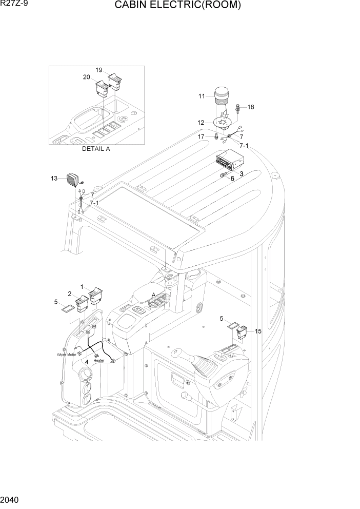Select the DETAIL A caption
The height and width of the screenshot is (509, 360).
coord(96,149)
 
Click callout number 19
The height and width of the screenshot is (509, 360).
coord(99,70)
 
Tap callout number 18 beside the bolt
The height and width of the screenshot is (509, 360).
coord(251,107)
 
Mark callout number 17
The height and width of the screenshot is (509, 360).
coord(202,136)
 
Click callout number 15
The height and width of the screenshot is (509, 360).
coord(258,331)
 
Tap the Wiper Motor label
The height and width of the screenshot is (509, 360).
coord(67,354)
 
